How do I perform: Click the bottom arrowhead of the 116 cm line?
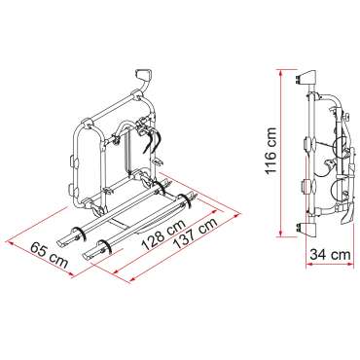(290, 234)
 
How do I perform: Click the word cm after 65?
(56, 254)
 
